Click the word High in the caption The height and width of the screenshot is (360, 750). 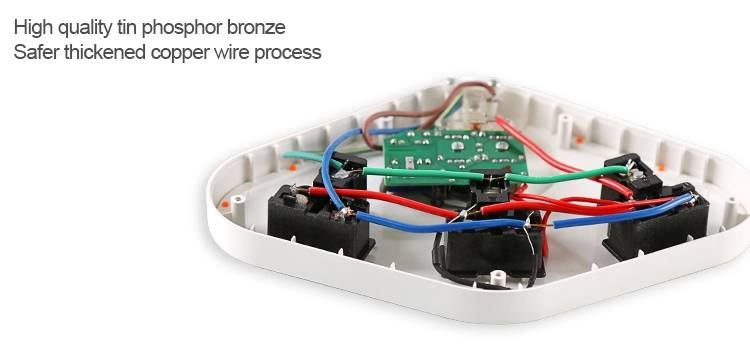click(x=33, y=28)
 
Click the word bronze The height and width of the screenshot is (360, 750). click(x=256, y=27)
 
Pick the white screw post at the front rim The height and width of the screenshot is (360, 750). click(x=497, y=277)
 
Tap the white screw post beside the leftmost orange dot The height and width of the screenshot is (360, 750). click(x=237, y=204)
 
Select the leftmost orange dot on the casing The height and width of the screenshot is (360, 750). click(x=225, y=205)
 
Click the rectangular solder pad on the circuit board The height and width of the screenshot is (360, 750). click(x=410, y=164)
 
